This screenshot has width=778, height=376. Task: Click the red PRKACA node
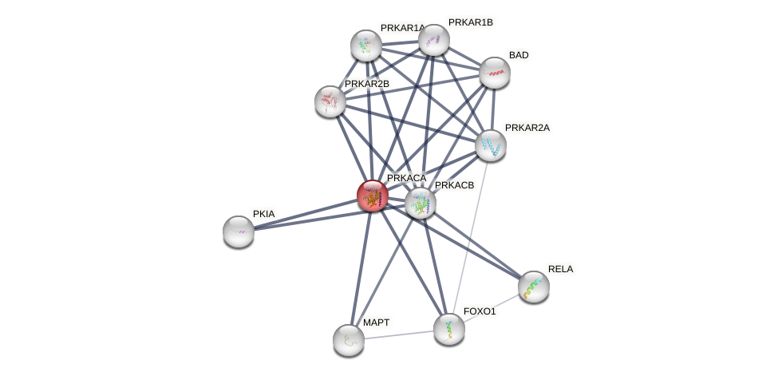373,196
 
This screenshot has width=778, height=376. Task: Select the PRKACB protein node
421,203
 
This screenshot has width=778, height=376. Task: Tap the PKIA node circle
239,232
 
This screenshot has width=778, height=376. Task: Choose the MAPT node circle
349,340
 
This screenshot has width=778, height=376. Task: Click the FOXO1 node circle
449,329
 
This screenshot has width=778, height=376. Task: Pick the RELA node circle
534,287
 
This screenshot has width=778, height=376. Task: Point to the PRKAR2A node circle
491,145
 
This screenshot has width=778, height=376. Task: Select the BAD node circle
495,73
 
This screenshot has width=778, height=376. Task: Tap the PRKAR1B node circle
434,40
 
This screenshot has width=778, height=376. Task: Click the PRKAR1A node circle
366,46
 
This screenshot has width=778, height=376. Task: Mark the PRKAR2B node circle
330,101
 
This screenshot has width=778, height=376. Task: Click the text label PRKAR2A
527,128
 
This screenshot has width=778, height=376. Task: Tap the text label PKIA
264,214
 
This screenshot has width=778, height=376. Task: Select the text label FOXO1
480,311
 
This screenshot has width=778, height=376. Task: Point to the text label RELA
560,269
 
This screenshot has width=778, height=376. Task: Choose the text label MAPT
377,323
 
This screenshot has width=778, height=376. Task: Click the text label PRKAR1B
470,22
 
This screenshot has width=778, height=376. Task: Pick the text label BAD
519,55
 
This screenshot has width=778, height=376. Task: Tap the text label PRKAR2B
366,84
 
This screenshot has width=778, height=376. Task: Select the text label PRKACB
454,185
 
